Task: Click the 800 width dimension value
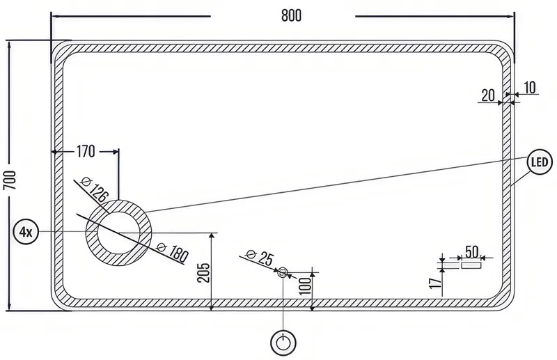291,15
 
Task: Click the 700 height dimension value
10,180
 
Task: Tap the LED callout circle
540,162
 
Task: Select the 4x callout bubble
26,232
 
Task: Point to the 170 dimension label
86,152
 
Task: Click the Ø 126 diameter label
94,189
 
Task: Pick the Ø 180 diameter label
173,251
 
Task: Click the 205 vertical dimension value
203,272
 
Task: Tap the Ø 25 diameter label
260,258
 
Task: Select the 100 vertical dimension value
305,286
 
